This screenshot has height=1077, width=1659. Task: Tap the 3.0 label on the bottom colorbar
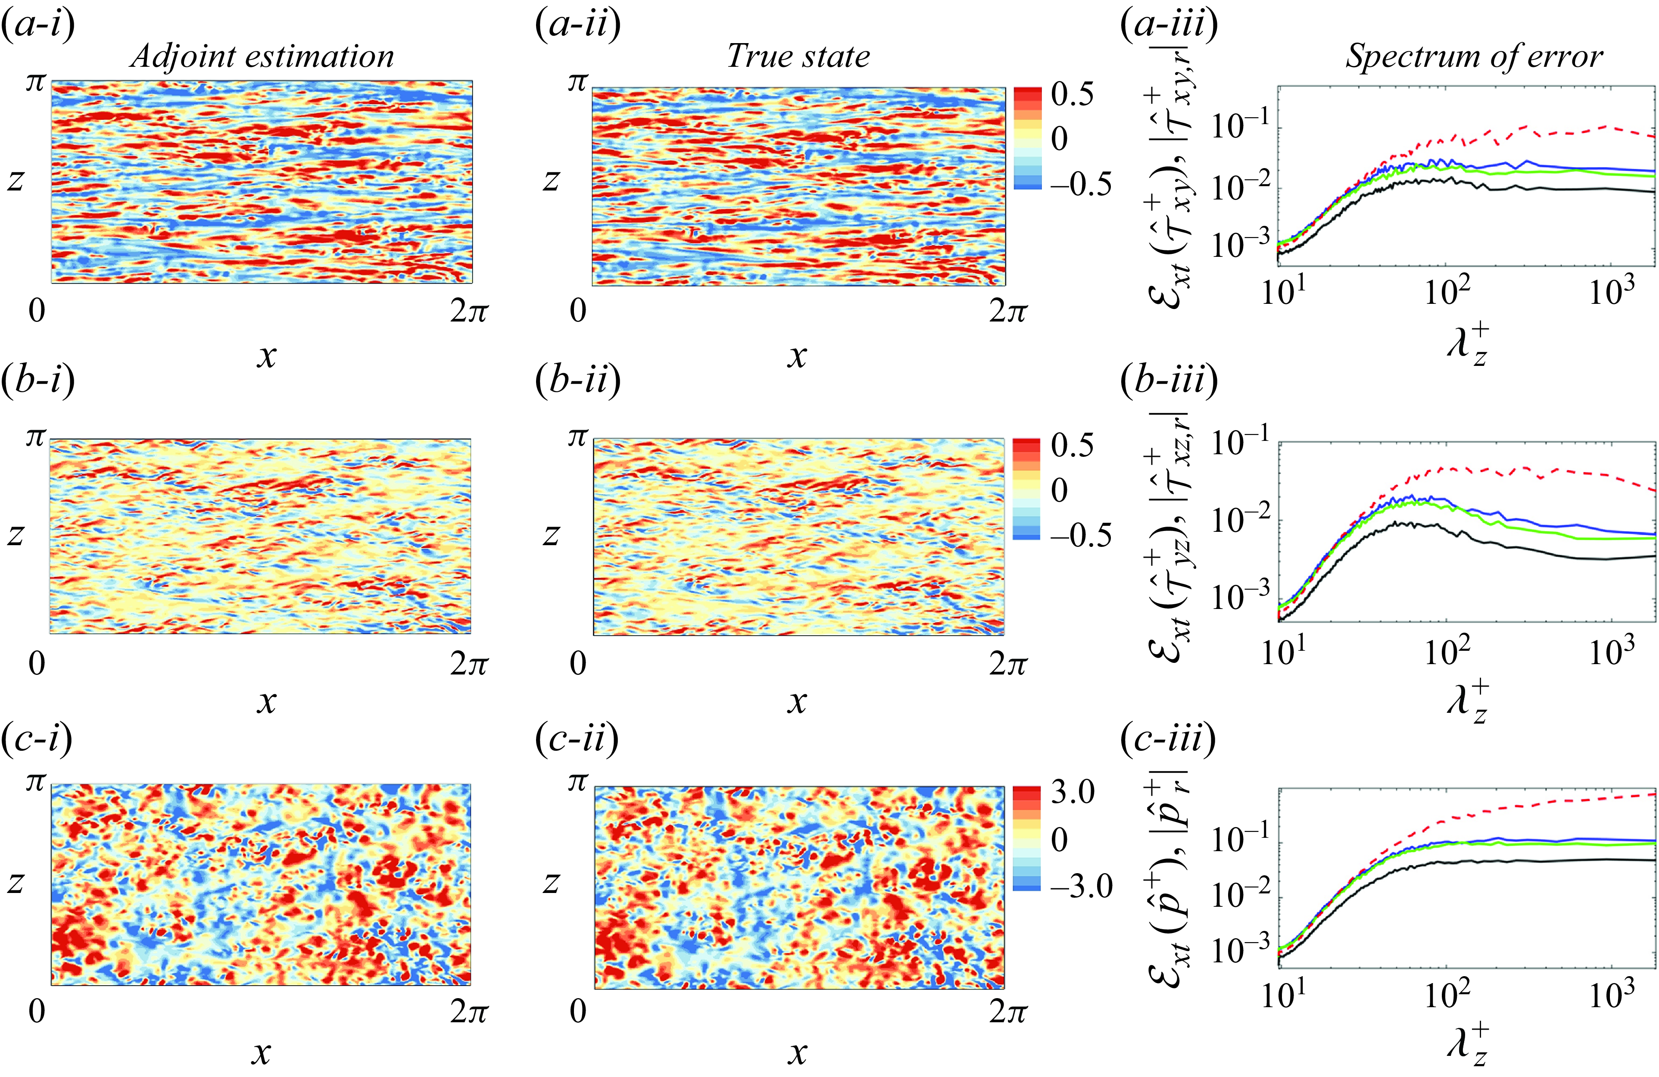click(1072, 793)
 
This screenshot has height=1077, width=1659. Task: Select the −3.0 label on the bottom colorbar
click(1080, 886)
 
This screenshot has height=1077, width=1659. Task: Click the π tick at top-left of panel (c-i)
click(35, 782)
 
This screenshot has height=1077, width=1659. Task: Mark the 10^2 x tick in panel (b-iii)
click(1447, 651)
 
